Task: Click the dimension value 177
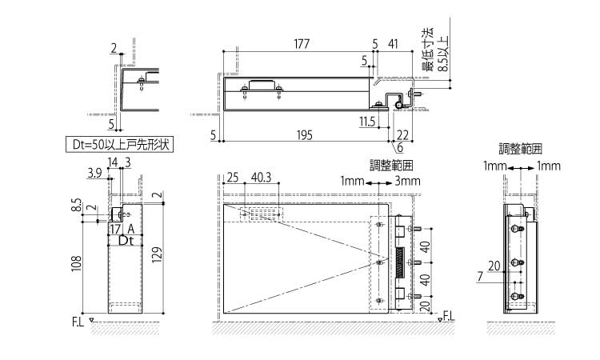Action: point(302,44)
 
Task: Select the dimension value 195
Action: point(305,135)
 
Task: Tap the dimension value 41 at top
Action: point(393,44)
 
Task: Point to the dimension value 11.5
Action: point(367,122)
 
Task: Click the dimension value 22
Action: point(402,135)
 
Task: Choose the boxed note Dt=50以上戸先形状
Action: point(119,145)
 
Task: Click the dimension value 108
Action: point(77,263)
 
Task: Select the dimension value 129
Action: point(157,254)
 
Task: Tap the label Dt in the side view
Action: point(126,241)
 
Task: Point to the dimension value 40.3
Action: point(262,177)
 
